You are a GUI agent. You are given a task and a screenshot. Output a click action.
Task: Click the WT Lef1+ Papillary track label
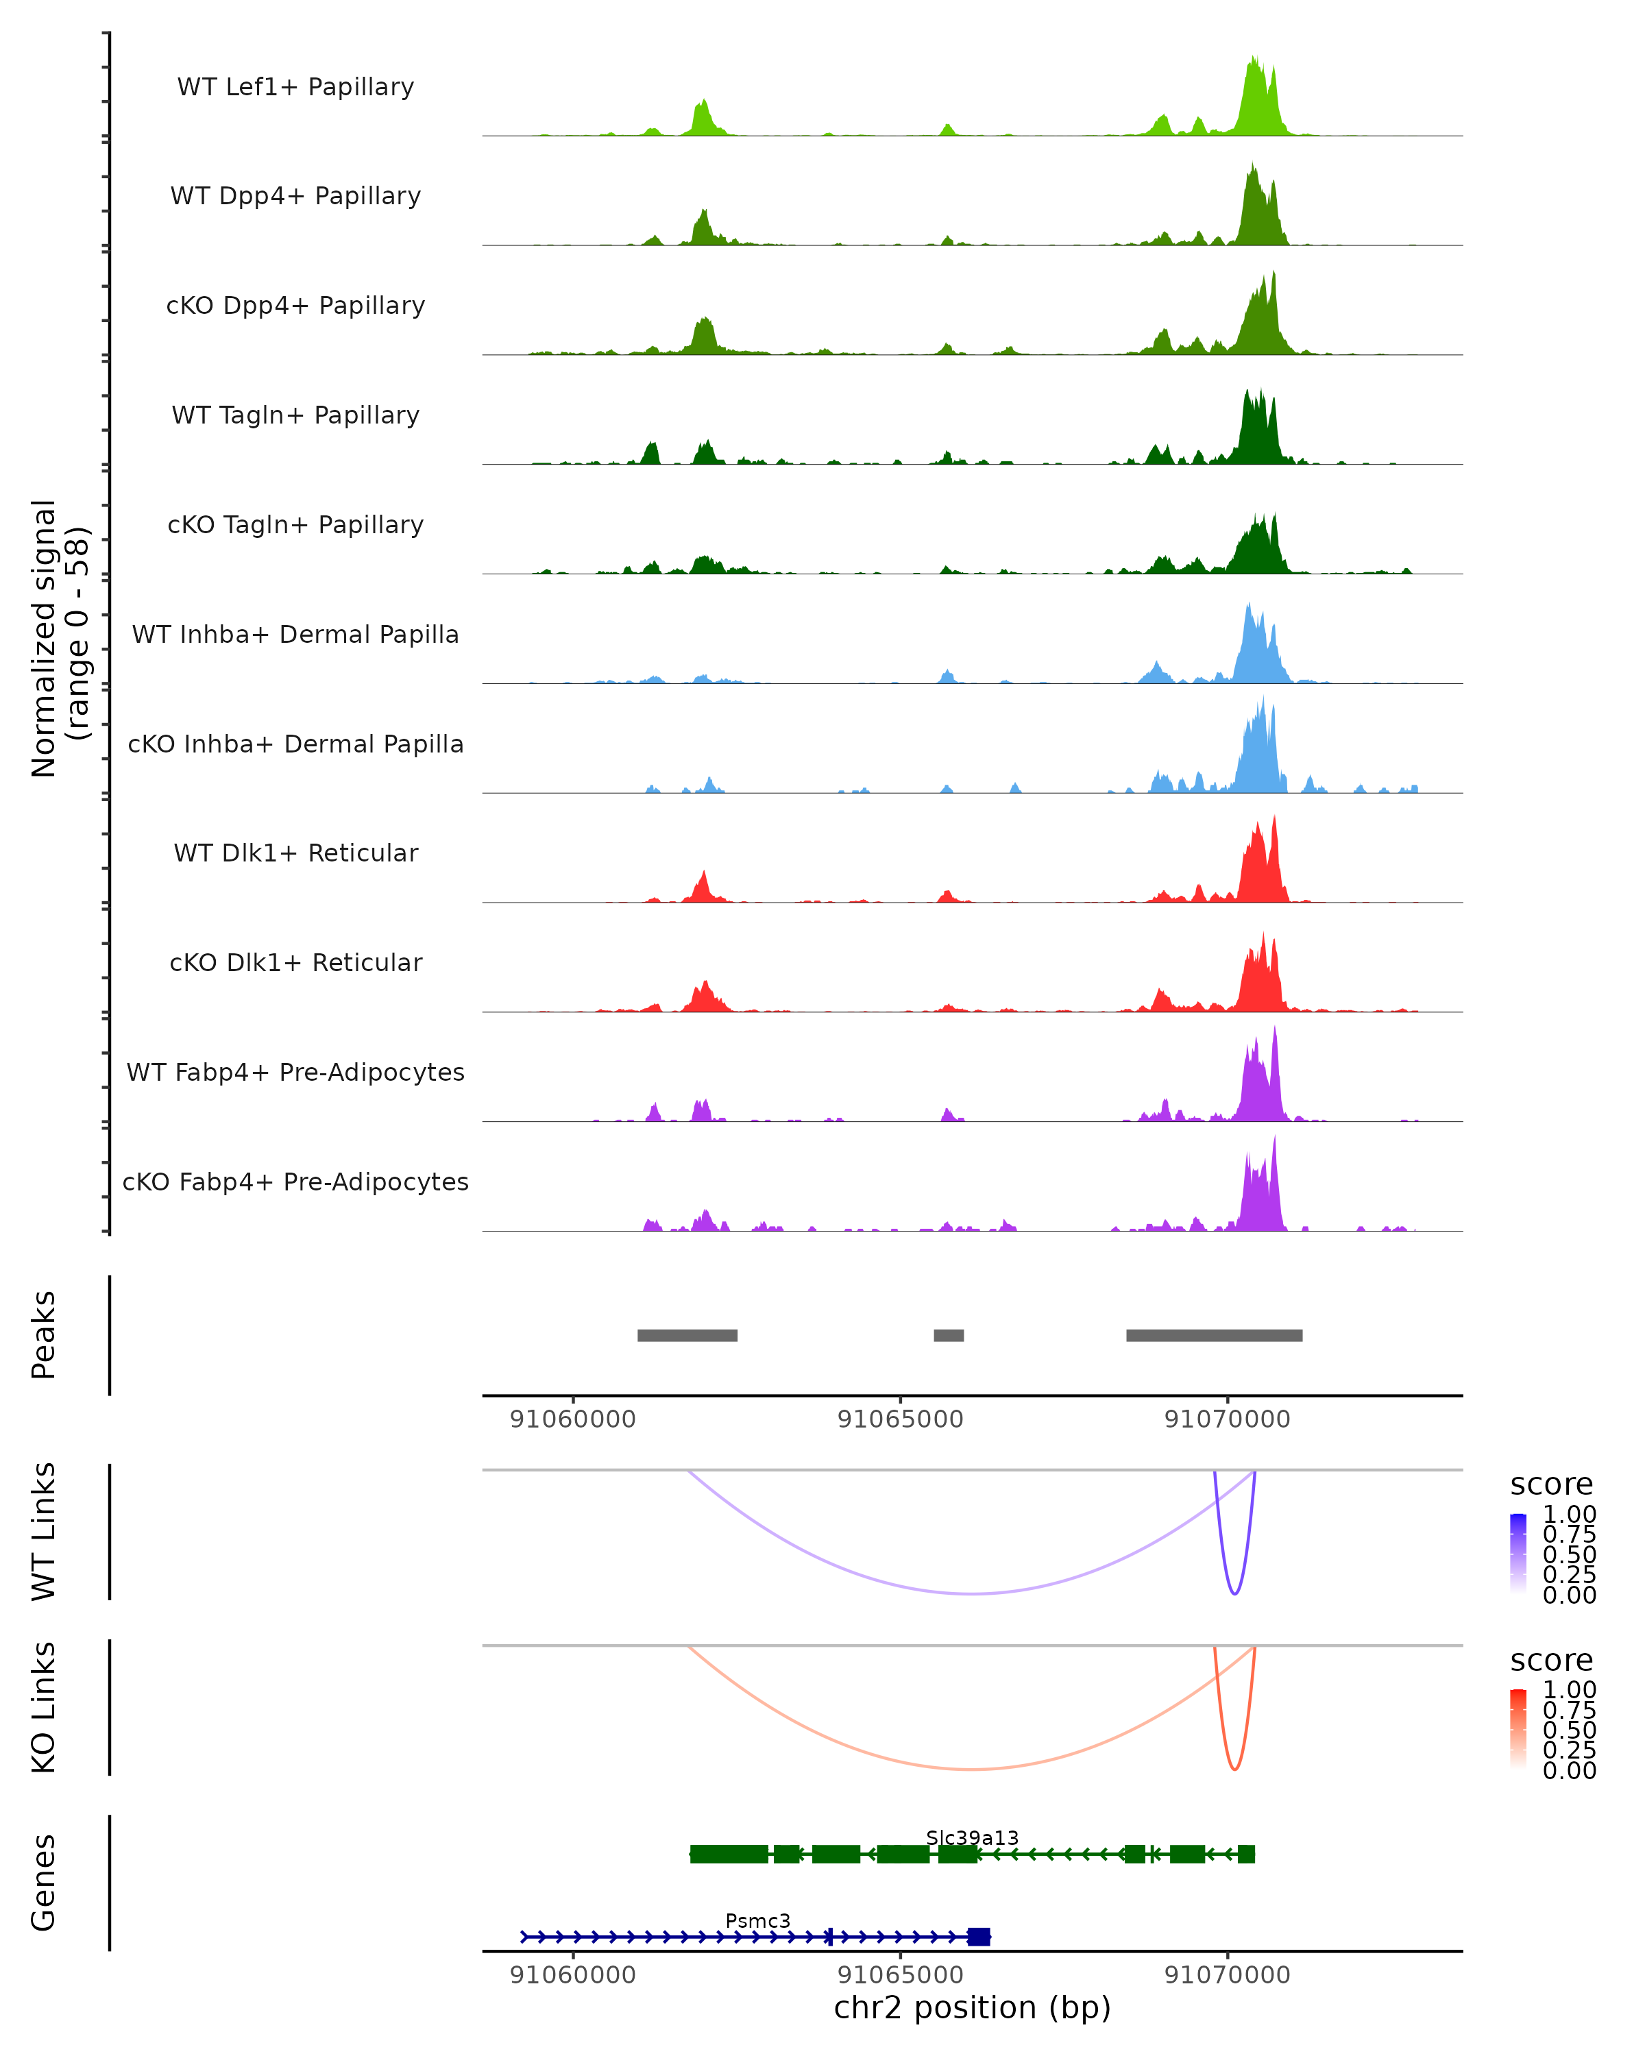point(295,87)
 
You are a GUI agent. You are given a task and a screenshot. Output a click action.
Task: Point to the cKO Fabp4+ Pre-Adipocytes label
point(295,1182)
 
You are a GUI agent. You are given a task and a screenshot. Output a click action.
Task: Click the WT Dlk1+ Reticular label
point(295,853)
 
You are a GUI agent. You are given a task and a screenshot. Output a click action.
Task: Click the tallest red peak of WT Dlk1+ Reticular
point(1274,818)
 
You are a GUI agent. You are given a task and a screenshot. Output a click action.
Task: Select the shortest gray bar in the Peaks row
point(948,1335)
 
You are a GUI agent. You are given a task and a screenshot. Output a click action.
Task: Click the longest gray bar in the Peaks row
point(1214,1335)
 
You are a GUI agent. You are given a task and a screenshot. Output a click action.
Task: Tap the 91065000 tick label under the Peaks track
point(900,1419)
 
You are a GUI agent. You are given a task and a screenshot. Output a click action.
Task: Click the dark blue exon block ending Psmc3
point(978,1937)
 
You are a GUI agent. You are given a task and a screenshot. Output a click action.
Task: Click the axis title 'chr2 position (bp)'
point(972,2007)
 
